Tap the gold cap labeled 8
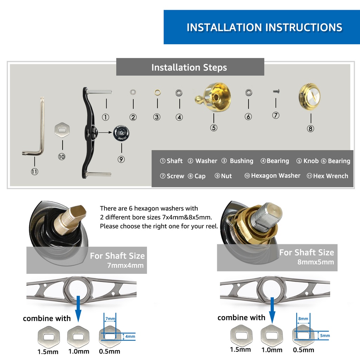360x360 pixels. (x=309, y=97)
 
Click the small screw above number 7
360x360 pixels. (x=276, y=91)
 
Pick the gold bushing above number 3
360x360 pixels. (x=157, y=92)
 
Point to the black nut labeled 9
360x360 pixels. (x=121, y=133)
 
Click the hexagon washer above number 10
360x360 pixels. (x=62, y=130)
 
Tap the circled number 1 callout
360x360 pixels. (x=105, y=117)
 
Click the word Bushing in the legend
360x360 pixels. (x=242, y=161)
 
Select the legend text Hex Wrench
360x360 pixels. (x=330, y=176)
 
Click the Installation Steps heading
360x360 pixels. (x=189, y=67)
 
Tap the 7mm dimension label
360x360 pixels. (x=110, y=319)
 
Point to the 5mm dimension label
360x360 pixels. (x=325, y=335)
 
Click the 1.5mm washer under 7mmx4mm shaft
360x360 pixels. (x=49, y=337)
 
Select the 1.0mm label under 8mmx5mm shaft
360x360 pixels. (x=272, y=350)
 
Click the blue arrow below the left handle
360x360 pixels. (x=78, y=309)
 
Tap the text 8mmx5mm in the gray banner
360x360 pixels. (x=316, y=262)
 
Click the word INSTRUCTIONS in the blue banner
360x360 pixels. (x=304, y=27)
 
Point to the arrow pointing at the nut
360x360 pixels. (x=105, y=133)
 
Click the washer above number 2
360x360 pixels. (x=133, y=92)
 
